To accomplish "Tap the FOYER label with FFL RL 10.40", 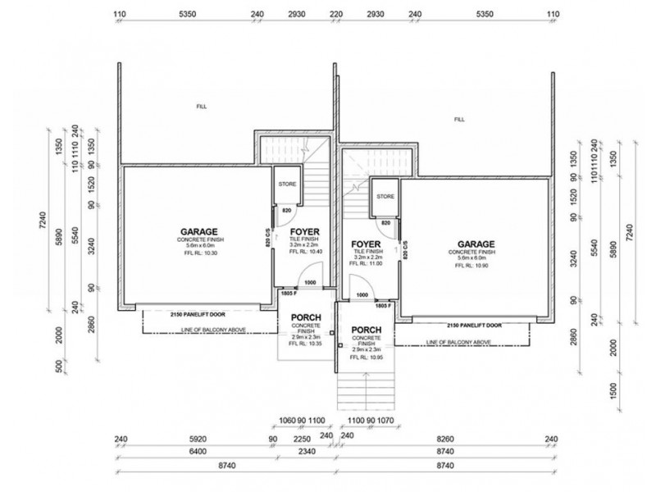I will (304, 232).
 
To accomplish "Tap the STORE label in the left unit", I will (287, 184).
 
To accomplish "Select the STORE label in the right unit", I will (385, 197).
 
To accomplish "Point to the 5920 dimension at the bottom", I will (194, 440).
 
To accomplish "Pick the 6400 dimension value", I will (194, 451).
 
